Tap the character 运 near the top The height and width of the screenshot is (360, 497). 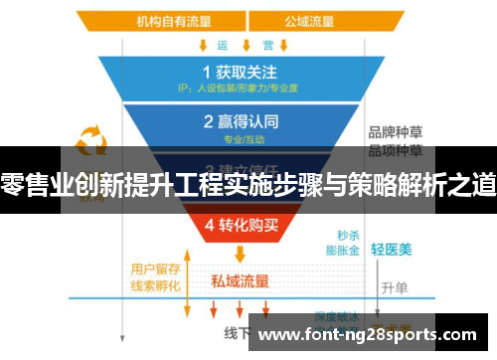click(222, 45)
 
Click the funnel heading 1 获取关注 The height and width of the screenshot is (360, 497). click(239, 72)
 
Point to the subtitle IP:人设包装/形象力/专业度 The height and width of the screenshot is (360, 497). click(239, 88)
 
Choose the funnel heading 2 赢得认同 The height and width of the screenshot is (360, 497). click(239, 122)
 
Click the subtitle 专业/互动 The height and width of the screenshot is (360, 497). click(239, 138)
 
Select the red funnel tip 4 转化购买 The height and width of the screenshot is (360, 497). click(239, 224)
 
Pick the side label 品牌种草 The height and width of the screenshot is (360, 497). click(395, 131)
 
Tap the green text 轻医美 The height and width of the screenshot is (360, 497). click(391, 249)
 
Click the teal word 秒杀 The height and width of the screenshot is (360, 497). click(348, 236)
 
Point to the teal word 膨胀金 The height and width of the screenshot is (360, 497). click(343, 253)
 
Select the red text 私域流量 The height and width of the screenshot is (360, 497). click(240, 280)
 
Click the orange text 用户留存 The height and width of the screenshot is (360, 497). click(154, 268)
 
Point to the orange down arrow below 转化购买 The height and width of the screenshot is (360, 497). click(239, 255)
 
